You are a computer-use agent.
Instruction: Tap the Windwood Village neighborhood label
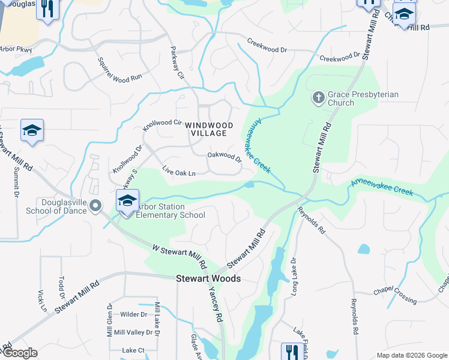(206, 128)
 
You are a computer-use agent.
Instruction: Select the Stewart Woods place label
(208, 279)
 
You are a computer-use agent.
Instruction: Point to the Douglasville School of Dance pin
(95, 206)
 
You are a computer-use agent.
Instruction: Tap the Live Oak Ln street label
(179, 173)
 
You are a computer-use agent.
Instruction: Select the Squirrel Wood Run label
(119, 69)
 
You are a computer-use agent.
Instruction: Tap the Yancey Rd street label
(215, 303)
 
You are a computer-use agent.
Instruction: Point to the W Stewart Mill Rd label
(179, 255)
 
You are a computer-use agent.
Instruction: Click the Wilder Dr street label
(133, 314)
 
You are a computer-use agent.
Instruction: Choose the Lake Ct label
(133, 350)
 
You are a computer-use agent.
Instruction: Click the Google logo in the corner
(19, 353)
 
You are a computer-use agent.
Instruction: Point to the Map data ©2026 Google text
(411, 355)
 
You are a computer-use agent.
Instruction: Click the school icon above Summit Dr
(32, 131)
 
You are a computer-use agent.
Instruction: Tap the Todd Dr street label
(61, 287)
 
